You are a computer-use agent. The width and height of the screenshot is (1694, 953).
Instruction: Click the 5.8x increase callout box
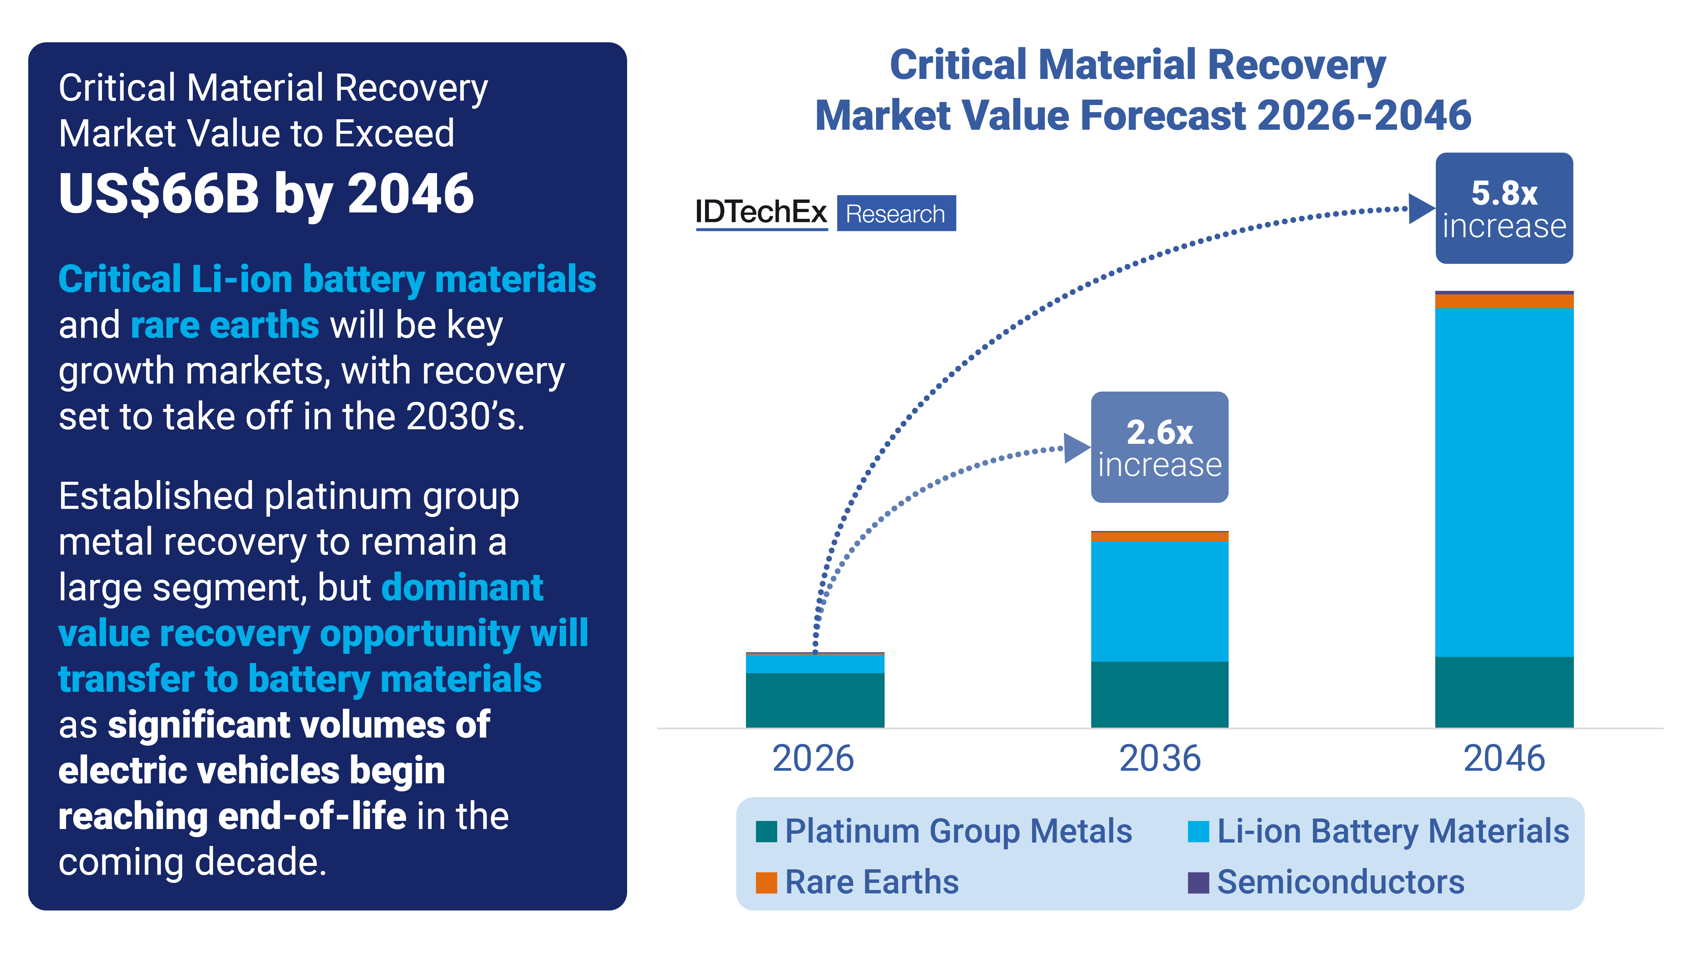[1504, 208]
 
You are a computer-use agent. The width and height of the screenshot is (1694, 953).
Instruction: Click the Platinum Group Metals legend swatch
[766, 831]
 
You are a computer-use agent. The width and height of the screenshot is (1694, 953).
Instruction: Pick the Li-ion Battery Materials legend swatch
[1198, 831]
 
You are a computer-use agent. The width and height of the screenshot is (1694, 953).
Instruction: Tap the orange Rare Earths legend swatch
[766, 882]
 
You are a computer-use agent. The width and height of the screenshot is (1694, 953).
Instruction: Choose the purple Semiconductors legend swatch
[1198, 882]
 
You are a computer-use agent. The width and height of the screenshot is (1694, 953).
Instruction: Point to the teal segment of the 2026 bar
[815, 700]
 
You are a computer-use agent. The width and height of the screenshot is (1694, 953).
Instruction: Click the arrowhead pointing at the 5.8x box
[1421, 209]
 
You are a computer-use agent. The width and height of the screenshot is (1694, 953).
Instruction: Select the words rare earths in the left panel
[225, 325]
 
